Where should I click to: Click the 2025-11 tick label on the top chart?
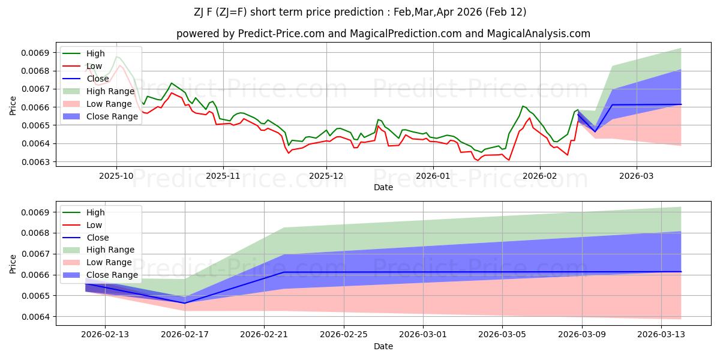pyautogui.click(x=223, y=176)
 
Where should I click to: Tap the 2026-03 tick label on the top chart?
pyautogui.click(x=637, y=176)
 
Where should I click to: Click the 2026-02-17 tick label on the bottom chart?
pyautogui.click(x=184, y=335)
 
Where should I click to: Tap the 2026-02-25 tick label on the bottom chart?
pyautogui.click(x=343, y=335)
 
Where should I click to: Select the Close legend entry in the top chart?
pyautogui.click(x=97, y=79)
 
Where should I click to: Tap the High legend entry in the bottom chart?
pyautogui.click(x=95, y=212)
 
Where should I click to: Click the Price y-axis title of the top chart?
pyautogui.click(x=13, y=106)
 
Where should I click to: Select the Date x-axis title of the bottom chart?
pyautogui.click(x=383, y=347)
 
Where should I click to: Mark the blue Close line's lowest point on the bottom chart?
pyautogui.click(x=184, y=303)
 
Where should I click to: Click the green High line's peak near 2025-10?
pyautogui.click(x=116, y=57)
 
